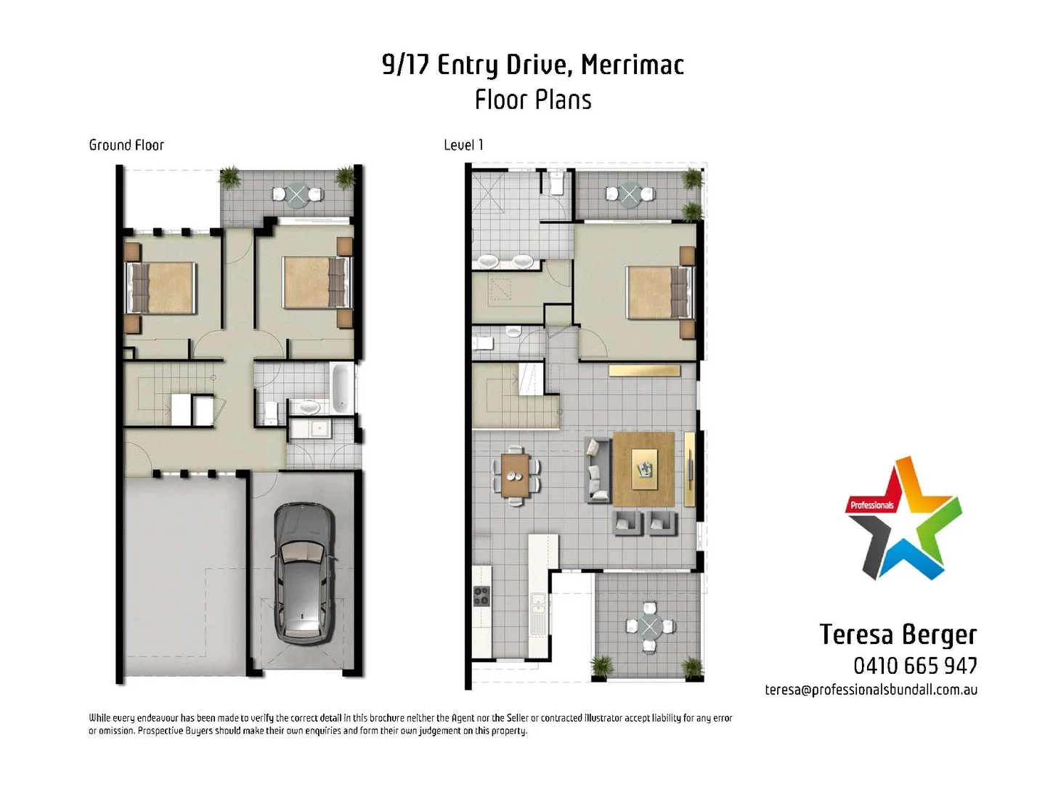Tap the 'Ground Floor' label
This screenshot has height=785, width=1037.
click(x=126, y=145)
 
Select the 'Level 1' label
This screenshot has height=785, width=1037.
click(x=463, y=145)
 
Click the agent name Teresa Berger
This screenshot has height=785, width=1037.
click(x=898, y=635)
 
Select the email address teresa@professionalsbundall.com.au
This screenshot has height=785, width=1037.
click(x=871, y=690)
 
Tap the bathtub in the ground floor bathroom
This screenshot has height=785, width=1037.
click(x=340, y=388)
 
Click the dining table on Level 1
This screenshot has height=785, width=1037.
click(x=516, y=475)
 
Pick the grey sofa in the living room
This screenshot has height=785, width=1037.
click(x=597, y=470)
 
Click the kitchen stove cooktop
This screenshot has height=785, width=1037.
click(x=481, y=595)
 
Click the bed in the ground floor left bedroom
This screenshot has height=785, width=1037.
click(x=163, y=287)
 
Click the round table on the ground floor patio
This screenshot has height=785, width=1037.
click(x=297, y=194)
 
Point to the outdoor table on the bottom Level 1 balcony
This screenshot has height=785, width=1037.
click(x=649, y=626)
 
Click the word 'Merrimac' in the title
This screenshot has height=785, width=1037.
click(x=632, y=65)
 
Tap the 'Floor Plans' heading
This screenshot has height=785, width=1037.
click(x=533, y=100)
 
